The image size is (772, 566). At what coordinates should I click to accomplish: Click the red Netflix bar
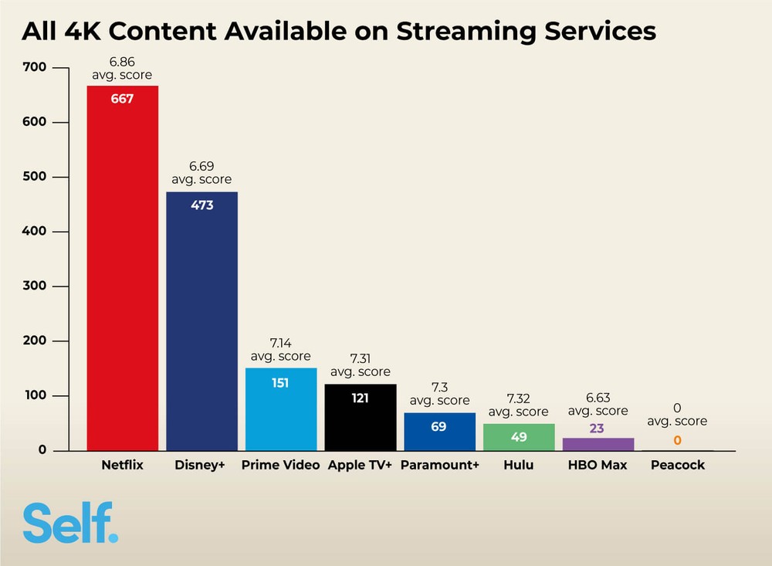122,270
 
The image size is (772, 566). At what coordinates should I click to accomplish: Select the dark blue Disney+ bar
201,324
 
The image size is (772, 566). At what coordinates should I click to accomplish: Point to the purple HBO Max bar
598,445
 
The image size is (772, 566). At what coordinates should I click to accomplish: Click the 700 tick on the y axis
37,68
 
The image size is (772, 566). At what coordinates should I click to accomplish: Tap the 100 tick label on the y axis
37,395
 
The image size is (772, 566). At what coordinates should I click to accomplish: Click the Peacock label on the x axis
677,466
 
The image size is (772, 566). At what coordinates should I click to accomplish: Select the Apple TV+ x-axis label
360,466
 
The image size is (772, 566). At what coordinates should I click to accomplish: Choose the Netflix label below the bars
122,466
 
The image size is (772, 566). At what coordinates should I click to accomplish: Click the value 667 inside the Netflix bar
122,98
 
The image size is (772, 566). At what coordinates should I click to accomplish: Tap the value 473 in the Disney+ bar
201,205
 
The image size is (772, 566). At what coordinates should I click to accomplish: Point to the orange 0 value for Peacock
677,440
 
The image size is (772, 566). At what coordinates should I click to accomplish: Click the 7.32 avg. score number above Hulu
519,398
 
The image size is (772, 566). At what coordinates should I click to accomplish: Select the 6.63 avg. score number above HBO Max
598,398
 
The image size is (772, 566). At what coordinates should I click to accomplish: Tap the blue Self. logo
70,523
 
